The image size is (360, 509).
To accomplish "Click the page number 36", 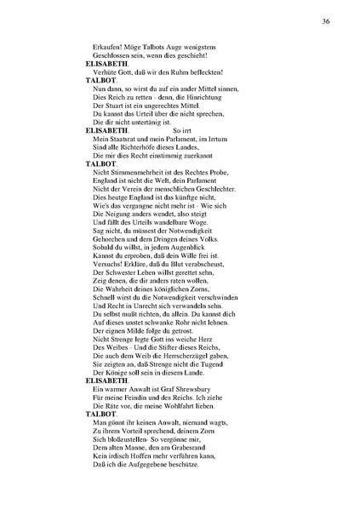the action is pos(326,20).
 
